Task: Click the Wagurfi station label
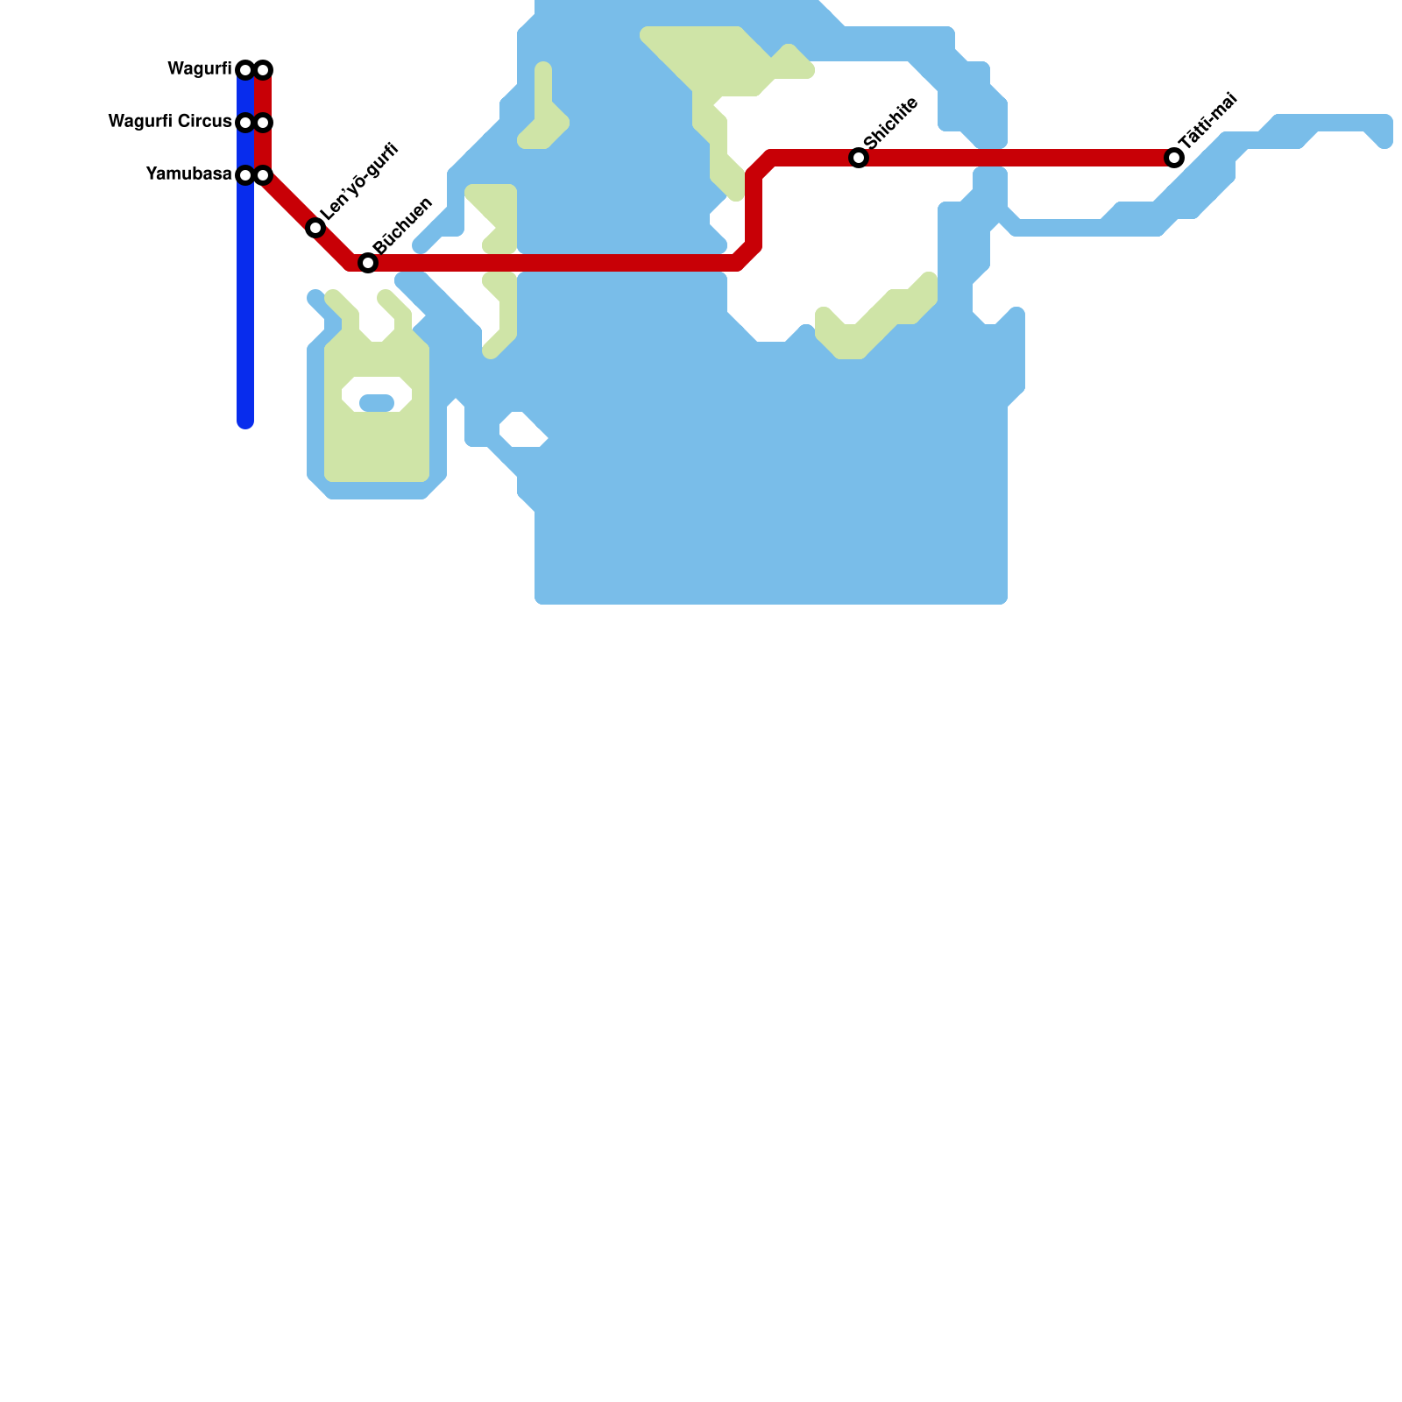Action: [199, 69]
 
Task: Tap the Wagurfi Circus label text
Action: [169, 122]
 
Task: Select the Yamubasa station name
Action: [188, 174]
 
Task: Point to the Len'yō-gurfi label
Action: [359, 181]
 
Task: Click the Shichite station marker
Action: [859, 158]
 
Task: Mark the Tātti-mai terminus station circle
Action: [1174, 158]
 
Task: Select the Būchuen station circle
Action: [368, 263]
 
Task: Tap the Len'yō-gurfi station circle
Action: [315, 228]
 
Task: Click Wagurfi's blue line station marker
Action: [245, 70]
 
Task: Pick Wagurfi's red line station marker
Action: [263, 70]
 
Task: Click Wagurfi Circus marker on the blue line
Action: [245, 123]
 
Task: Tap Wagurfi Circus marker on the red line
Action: [263, 123]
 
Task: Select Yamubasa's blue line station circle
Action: [245, 175]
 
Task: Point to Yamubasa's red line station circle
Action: [263, 175]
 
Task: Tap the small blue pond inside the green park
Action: [377, 403]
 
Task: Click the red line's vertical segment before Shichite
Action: [754, 210]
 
